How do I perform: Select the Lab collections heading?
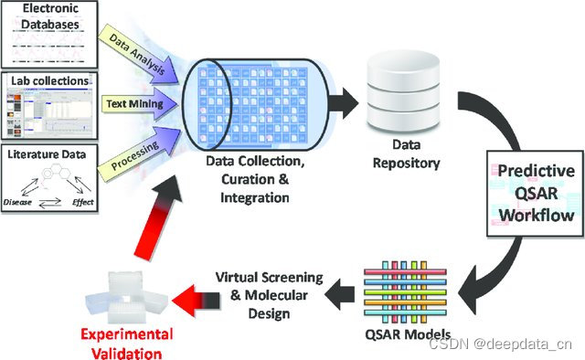click(51, 81)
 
